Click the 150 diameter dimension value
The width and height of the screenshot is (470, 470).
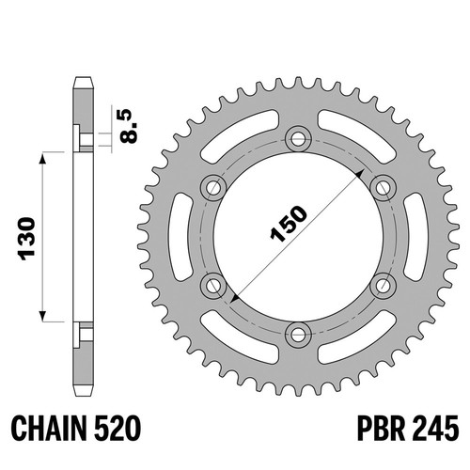[289, 225]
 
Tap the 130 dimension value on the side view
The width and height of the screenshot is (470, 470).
[27, 239]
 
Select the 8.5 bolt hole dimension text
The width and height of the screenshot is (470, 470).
[130, 126]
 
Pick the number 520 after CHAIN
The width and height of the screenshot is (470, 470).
[117, 428]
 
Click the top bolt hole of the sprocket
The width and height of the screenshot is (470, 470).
[298, 138]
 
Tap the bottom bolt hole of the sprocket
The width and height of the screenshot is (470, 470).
[298, 335]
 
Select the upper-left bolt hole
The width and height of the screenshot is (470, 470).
[213, 188]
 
